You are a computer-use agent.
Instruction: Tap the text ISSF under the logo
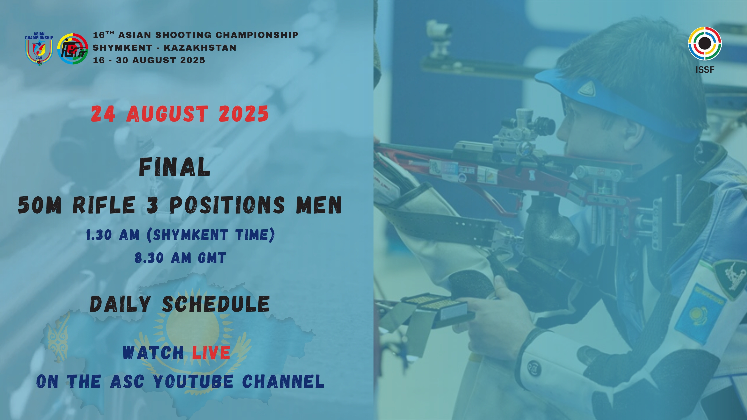coord(705,70)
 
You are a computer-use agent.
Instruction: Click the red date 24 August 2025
coord(180,114)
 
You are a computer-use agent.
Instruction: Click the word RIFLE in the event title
coord(104,205)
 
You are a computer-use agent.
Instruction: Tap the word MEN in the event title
coord(319,205)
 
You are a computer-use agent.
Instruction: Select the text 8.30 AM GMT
coord(180,258)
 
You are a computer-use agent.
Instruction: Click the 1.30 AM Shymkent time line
coord(180,235)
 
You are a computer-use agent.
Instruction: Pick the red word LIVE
coord(211,352)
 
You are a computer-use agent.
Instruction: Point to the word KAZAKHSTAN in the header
coord(200,48)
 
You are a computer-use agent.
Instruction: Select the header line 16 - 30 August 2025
coord(149,60)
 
